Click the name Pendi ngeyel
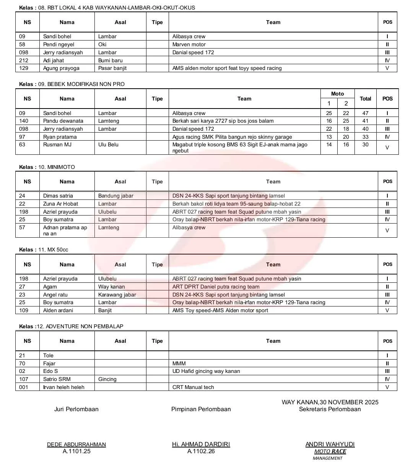[x=59, y=44]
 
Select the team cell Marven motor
[x=189, y=44]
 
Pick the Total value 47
[x=365, y=113]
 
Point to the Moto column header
[x=337, y=94]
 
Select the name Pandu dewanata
[x=63, y=121]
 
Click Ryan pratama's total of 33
[x=365, y=137]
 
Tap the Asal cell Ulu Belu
[x=108, y=144]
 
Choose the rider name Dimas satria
[x=58, y=196]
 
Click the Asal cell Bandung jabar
[x=115, y=196]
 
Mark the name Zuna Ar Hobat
[x=60, y=204]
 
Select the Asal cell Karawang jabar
[x=117, y=295]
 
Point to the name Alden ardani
[x=58, y=310]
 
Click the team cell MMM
[x=179, y=363]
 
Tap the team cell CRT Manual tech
[x=193, y=387]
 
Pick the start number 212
[x=24, y=60]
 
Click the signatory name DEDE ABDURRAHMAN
[x=76, y=444]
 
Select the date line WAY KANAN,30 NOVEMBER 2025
[x=330, y=402]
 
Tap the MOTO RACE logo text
[x=330, y=451]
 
